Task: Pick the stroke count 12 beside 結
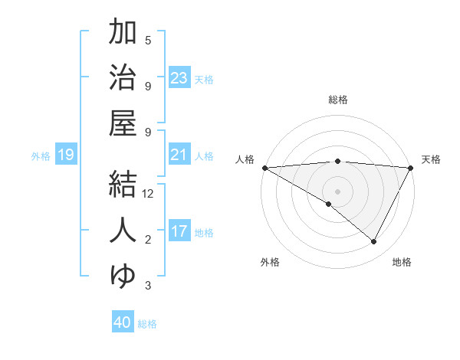click(149, 195)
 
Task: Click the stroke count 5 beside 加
click(148, 40)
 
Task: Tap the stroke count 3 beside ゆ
click(148, 286)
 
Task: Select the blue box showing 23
click(179, 78)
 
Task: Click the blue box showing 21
click(179, 155)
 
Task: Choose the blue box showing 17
click(179, 232)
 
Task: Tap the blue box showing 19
click(66, 155)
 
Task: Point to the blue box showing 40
click(123, 323)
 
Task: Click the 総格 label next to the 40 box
click(147, 324)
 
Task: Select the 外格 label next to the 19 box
click(41, 156)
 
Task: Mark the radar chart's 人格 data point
click(264, 168)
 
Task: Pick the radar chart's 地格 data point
click(374, 242)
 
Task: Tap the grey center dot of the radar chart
click(337, 191)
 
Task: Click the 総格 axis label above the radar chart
click(337, 100)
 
